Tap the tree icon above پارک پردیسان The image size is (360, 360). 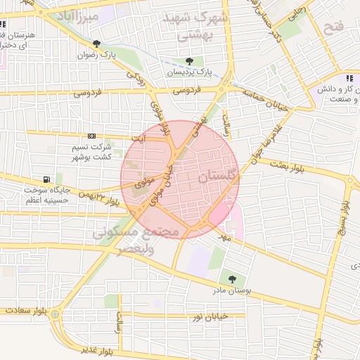(190, 61)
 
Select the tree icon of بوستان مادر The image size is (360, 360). (232, 279)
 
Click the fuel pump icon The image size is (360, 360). (46, 179)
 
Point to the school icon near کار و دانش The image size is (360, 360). (349, 78)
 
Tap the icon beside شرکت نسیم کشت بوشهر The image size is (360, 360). (91, 136)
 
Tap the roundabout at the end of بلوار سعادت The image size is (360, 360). (55, 314)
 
